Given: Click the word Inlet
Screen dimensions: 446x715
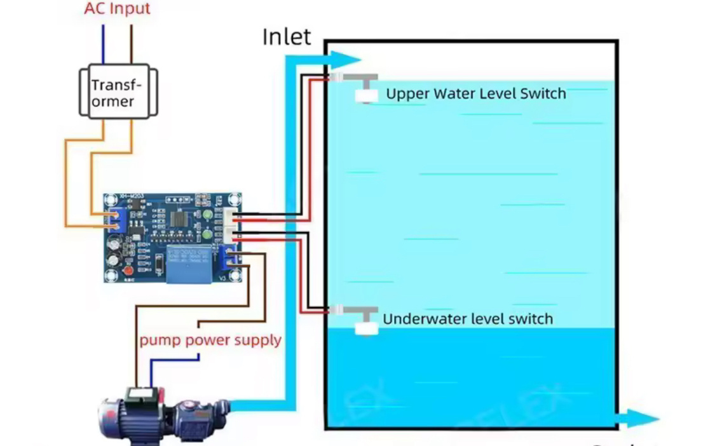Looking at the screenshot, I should pyautogui.click(x=287, y=37).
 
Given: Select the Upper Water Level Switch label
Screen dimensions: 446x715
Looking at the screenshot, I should pyautogui.click(x=475, y=94).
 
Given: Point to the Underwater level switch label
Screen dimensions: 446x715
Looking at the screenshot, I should pyautogui.click(x=467, y=319).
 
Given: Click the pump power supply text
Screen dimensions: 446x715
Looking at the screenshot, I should pyautogui.click(x=210, y=340).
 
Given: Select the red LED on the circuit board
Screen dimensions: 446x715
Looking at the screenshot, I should pyautogui.click(x=128, y=271).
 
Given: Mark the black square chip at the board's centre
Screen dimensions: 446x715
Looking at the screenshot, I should pyautogui.click(x=178, y=217).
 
